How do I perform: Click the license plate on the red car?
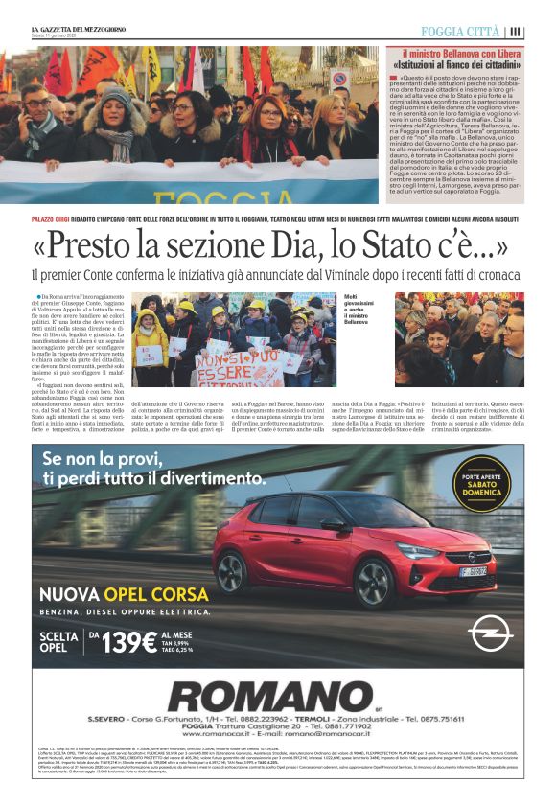[x=472, y=571]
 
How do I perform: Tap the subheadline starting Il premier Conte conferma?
[x=259, y=276]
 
